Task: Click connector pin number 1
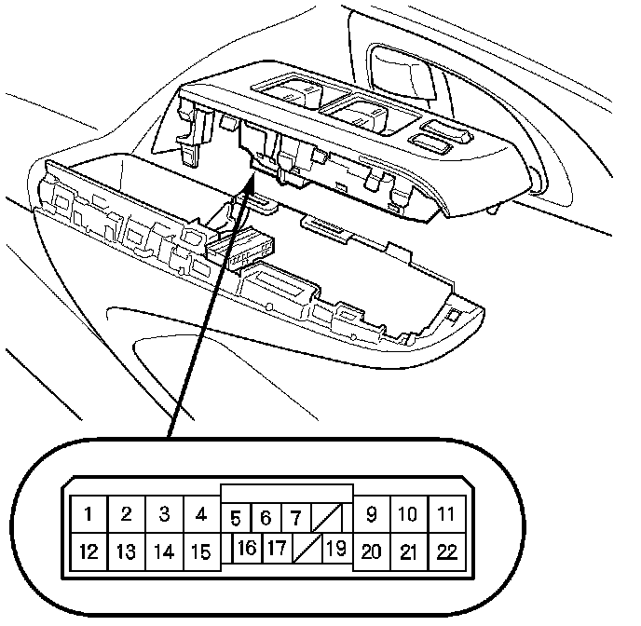pos(89,513)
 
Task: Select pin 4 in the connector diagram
pos(200,513)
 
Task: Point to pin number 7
pos(293,517)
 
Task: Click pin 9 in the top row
pos(372,513)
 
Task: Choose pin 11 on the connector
pos(446,513)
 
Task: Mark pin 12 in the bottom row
pos(89,551)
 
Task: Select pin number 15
pos(200,551)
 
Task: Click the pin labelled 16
pos(246,548)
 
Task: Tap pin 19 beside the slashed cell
pos(335,548)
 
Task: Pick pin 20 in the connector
pos(372,551)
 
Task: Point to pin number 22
pos(446,551)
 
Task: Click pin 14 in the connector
pos(163,551)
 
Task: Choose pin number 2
pos(126,513)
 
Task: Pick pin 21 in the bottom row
pos(408,551)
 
